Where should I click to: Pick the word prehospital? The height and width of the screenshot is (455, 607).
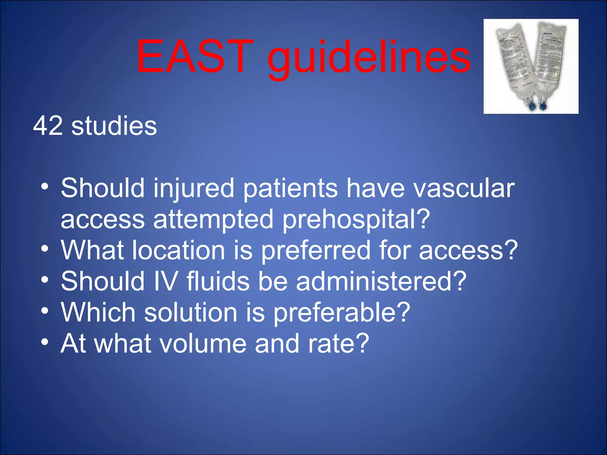click(356, 220)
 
